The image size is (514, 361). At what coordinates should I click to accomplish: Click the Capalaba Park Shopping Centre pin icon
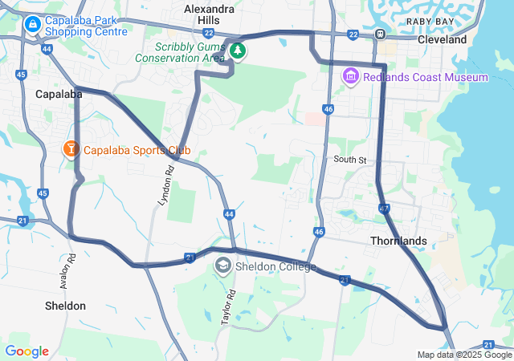[32, 25]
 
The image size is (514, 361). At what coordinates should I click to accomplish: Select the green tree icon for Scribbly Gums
[238, 51]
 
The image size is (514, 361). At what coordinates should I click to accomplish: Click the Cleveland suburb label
[442, 39]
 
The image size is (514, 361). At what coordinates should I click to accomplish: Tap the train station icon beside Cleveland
[380, 34]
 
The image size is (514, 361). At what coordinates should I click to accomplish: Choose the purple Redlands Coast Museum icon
[350, 77]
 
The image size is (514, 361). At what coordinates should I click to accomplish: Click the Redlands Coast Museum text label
[426, 77]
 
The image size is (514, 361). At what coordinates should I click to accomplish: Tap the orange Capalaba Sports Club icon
[71, 149]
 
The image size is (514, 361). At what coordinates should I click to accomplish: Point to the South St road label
[350, 160]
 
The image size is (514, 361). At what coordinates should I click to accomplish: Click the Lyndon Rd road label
[165, 185]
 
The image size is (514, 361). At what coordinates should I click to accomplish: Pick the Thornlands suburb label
[398, 241]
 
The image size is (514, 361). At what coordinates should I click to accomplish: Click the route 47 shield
[385, 209]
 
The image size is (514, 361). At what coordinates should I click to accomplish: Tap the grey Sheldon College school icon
[222, 266]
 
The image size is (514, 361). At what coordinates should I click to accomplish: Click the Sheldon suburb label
[66, 306]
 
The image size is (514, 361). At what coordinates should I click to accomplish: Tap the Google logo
[27, 351]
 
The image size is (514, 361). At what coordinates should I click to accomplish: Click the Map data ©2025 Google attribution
[463, 355]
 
